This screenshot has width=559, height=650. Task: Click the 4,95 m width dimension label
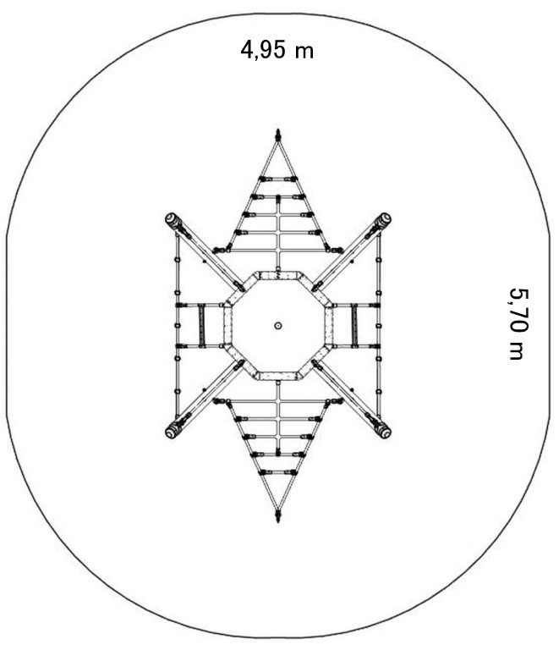point(277,50)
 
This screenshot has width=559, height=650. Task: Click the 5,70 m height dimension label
point(518,324)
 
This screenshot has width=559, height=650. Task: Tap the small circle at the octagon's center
point(278,326)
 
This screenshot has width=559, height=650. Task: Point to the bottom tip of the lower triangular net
point(278,521)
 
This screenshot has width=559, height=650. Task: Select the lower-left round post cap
point(171,432)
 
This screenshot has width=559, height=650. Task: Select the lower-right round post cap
point(385,432)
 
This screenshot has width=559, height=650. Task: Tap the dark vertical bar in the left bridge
point(201,325)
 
